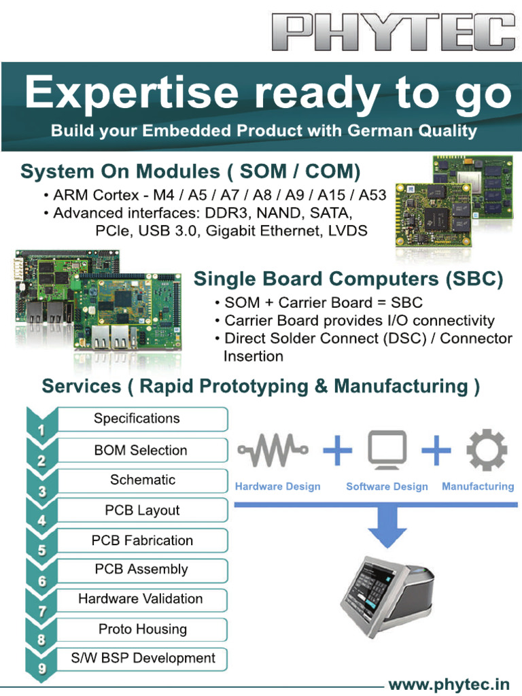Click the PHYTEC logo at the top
pos(399,33)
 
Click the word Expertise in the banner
pos(132,94)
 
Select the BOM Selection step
pos(141,450)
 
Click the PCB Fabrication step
pos(141,540)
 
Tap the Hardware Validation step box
pos(141,599)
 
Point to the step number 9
pos(42,668)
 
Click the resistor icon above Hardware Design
pos(273,449)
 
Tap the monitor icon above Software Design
pos(387,449)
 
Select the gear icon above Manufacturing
pos(487,450)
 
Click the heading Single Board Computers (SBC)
pos(349,279)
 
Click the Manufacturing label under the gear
pos(478,487)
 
